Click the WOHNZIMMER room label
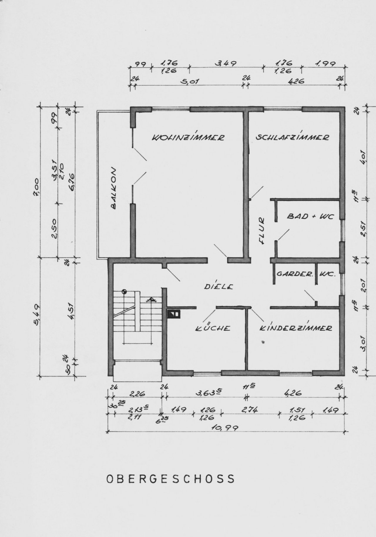point(188,138)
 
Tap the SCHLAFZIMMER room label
point(292,137)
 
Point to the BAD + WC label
point(310,217)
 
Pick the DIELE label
point(219,286)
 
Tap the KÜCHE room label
point(213,328)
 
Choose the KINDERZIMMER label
point(296,328)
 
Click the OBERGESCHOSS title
point(171,479)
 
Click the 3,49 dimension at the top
point(226,64)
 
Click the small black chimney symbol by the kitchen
point(174,314)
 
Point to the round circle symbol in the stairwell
point(125,292)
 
